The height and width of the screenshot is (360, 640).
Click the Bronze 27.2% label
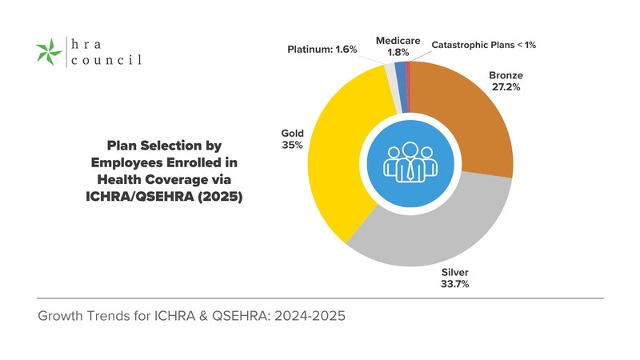coord(505,82)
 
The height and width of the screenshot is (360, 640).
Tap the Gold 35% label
coord(291,140)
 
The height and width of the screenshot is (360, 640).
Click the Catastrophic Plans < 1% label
coord(483,45)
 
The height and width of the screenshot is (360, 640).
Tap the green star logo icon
coord(50,53)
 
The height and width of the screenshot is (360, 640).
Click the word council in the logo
coord(104,60)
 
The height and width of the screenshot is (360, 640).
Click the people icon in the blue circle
coord(407,160)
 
